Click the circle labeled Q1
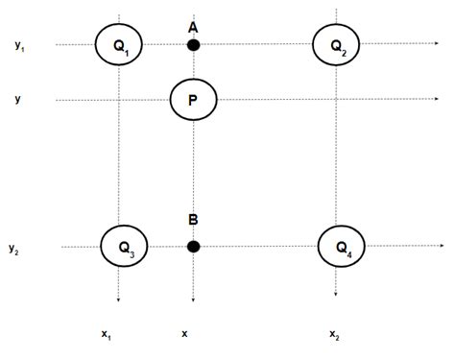[119, 44]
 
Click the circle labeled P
[193, 99]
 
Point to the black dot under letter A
[193, 44]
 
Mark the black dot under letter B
[193, 247]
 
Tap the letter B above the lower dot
[193, 221]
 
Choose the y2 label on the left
[15, 249]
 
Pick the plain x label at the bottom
[184, 332]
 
